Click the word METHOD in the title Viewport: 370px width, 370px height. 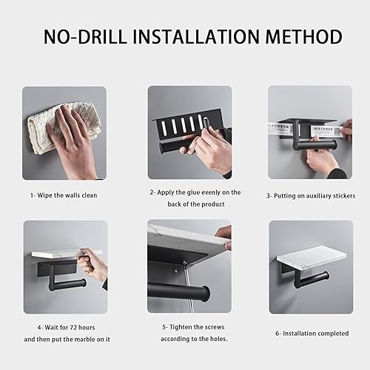coord(304,37)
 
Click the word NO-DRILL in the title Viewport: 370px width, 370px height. coord(85,37)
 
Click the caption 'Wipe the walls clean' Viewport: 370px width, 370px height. coord(67,195)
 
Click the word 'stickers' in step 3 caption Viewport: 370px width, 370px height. coord(344,196)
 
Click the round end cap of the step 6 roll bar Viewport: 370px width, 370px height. coord(326,276)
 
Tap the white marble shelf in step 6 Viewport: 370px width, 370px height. coord(312,258)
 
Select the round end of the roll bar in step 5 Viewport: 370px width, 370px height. coord(206,294)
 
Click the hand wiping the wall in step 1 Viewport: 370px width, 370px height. coord(73,138)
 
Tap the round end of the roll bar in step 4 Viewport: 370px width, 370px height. coord(84,283)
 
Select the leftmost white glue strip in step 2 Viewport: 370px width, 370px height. coord(164,127)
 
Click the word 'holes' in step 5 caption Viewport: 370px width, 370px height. coord(219,339)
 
